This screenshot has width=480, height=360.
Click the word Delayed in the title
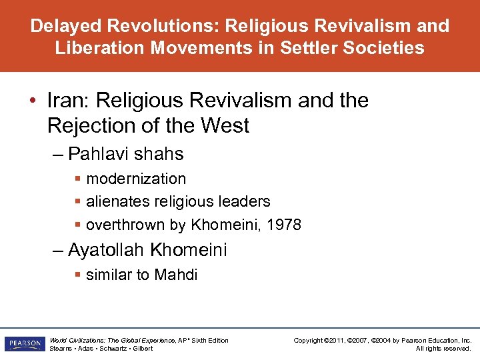tap(63, 26)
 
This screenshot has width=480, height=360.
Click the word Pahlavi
tap(101, 154)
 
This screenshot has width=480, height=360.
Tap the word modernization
tap(136, 179)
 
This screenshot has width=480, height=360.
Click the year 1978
tap(284, 225)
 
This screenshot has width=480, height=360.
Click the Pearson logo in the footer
tap(24, 344)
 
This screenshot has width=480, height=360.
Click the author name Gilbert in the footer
tap(143, 349)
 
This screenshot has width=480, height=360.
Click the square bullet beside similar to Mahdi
tap(78, 275)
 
